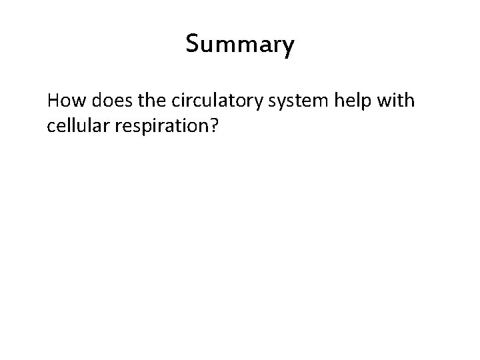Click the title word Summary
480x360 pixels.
[240, 45]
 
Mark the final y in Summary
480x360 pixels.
[287, 48]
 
